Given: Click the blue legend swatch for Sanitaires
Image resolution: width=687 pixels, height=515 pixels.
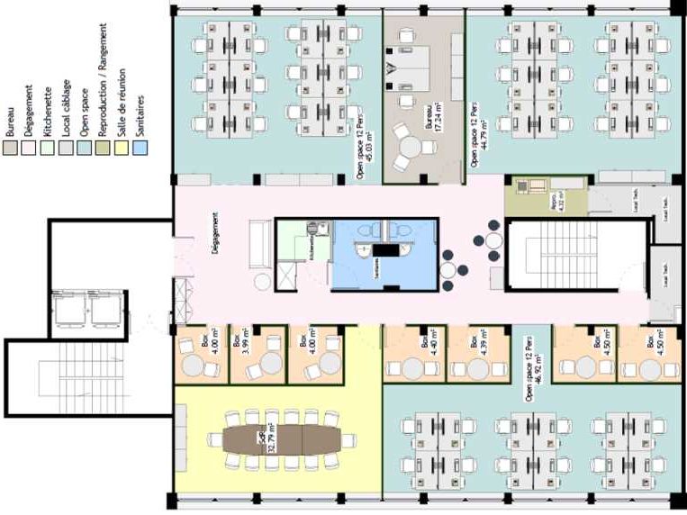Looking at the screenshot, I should [140, 142].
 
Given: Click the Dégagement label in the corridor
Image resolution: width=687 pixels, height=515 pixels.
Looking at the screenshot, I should [215, 237].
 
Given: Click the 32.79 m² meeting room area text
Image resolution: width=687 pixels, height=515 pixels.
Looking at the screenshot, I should [268, 439].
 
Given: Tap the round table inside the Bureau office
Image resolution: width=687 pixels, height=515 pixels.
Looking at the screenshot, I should [411, 146].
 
